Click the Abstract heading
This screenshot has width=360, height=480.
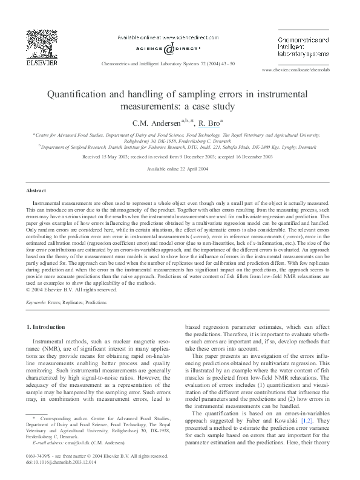point(38,189)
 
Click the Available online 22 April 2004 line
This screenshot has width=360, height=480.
point(180,169)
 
